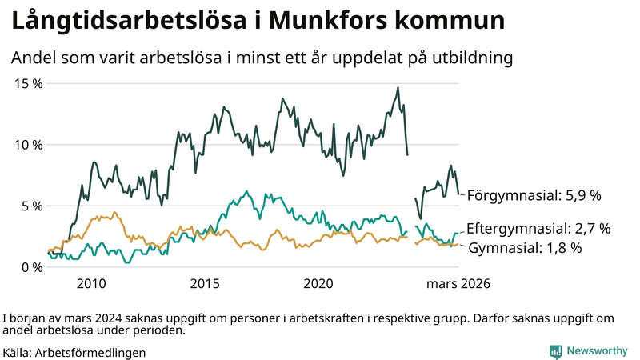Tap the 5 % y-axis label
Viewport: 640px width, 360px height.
pyautogui.click(x=30, y=206)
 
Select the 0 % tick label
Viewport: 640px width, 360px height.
pyautogui.click(x=30, y=267)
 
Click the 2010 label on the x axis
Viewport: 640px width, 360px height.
pyautogui.click(x=91, y=284)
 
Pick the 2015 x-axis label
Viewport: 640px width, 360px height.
pyautogui.click(x=206, y=284)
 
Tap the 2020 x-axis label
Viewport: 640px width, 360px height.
pyautogui.click(x=319, y=284)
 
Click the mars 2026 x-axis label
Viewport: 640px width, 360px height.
pyautogui.click(x=458, y=284)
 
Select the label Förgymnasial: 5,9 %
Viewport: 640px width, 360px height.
pyautogui.click(x=534, y=194)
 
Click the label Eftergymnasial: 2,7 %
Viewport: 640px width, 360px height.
pyautogui.click(x=538, y=229)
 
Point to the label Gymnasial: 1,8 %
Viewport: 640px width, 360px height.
pyautogui.click(x=524, y=248)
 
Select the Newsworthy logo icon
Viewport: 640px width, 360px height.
pyautogui.click(x=555, y=350)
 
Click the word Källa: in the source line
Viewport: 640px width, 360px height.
pyautogui.click(x=18, y=352)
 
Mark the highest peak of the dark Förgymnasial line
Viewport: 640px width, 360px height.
pyautogui.click(x=398, y=88)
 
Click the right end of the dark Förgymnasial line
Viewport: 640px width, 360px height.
pyautogui.click(x=458, y=194)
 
